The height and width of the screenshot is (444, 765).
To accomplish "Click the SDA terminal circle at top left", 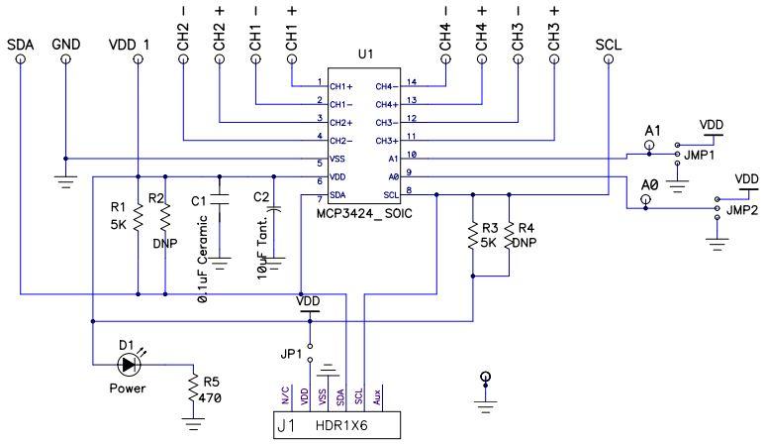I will (20, 59).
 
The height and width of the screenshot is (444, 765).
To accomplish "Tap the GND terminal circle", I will (65, 59).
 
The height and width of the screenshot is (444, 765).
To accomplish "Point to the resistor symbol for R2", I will (165, 217).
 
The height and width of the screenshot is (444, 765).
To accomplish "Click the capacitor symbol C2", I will (274, 209).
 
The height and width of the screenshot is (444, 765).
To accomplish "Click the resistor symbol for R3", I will (471, 239).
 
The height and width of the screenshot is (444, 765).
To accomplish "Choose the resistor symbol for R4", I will (509, 239).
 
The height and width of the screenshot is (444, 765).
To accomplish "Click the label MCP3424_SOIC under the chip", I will (364, 214).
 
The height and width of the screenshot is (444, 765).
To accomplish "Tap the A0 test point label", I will (649, 185).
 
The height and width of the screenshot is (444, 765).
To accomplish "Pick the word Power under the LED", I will (128, 389).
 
